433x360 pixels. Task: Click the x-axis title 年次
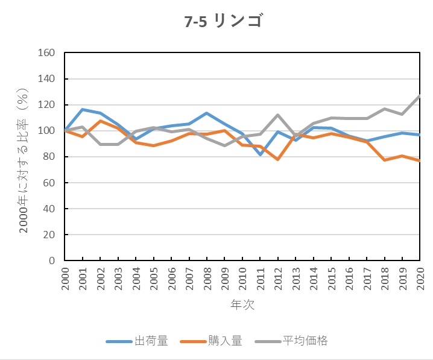click(x=242, y=305)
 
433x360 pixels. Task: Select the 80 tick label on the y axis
click(x=49, y=157)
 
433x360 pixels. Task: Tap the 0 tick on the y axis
click(x=52, y=261)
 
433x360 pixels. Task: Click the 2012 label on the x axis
click(x=278, y=279)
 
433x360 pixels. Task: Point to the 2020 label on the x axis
click(x=420, y=279)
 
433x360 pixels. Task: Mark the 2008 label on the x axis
click(x=207, y=279)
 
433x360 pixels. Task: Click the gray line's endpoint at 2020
click(x=420, y=96)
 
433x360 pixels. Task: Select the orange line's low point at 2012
click(x=278, y=159)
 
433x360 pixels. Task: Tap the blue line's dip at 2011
click(x=261, y=155)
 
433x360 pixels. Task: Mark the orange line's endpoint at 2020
click(x=420, y=160)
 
